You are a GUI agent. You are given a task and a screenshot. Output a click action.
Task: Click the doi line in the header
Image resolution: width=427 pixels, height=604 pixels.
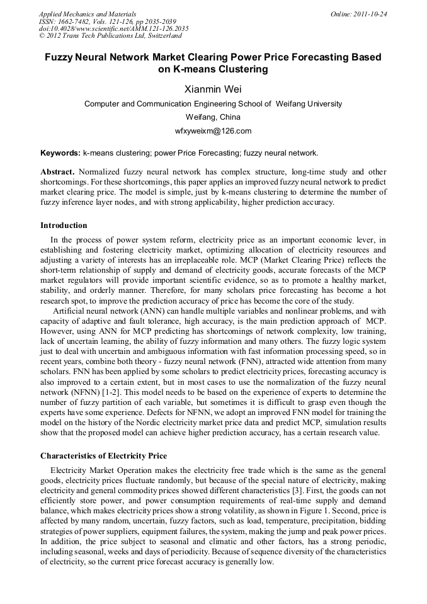click(x=113, y=29)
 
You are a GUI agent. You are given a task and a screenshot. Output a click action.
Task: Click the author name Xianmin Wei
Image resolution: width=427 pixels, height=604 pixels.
click(x=213, y=89)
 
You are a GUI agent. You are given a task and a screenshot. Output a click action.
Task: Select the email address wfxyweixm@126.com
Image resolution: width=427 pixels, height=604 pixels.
click(x=213, y=131)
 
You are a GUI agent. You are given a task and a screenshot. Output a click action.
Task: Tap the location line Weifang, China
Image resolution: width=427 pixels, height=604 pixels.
click(x=213, y=117)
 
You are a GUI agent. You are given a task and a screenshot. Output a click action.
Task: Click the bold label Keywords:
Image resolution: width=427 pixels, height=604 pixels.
click(x=60, y=153)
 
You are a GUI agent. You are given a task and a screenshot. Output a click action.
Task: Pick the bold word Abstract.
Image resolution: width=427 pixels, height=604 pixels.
click(x=57, y=172)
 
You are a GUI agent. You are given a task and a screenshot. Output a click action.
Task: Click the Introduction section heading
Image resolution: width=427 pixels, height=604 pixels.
click(x=64, y=225)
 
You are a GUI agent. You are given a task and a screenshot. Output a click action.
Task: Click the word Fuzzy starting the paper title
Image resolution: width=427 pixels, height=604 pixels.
click(x=59, y=57)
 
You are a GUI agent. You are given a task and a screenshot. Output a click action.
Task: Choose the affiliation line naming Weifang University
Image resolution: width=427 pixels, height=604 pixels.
click(x=213, y=104)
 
